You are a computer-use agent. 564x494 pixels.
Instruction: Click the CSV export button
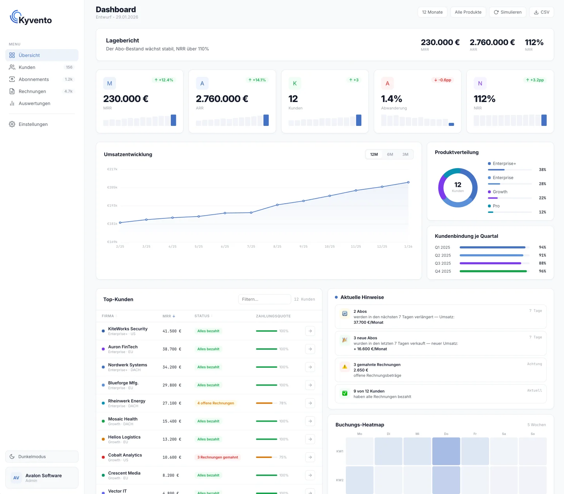541,12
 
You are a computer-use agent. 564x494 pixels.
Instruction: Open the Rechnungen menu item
32,91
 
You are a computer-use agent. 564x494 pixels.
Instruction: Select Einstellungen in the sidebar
33,124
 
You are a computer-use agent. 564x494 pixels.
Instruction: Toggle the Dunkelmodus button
42,457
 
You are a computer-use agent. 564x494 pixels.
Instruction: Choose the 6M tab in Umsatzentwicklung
390,155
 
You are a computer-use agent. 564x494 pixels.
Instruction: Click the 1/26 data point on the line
408,182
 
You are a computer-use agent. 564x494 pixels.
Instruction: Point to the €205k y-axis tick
112,188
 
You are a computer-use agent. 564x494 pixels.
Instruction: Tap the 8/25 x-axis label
277,247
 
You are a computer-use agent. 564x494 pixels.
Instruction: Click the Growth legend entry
500,192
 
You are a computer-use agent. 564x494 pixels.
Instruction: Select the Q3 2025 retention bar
490,263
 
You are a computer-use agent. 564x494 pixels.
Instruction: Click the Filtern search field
264,299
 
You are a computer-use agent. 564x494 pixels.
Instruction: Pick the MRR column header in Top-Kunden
169,316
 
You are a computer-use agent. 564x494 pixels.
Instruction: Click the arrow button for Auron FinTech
310,349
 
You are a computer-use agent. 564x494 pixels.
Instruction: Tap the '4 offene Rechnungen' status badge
216,403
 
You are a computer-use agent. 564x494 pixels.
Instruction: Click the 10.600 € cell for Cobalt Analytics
172,457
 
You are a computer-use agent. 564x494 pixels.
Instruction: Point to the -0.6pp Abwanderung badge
442,80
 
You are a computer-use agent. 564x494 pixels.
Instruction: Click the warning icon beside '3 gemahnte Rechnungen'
344,367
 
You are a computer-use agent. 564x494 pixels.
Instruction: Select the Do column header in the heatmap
446,434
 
